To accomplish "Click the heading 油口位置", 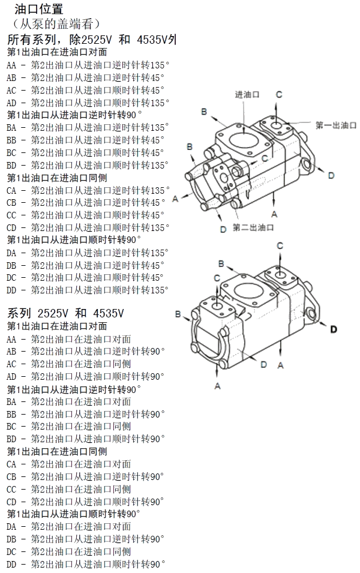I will (x=38, y=10).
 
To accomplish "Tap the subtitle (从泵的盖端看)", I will (x=55, y=24).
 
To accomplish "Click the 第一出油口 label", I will (x=336, y=125).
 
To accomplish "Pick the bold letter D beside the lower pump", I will (x=334, y=329).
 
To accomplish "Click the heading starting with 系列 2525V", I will (x=66, y=313).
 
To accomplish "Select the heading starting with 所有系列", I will (x=91, y=40).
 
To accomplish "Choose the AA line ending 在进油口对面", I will (x=69, y=339).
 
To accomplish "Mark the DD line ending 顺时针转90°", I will (x=85, y=565).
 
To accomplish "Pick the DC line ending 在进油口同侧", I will (x=69, y=552).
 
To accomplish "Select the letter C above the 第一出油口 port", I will (x=279, y=94).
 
